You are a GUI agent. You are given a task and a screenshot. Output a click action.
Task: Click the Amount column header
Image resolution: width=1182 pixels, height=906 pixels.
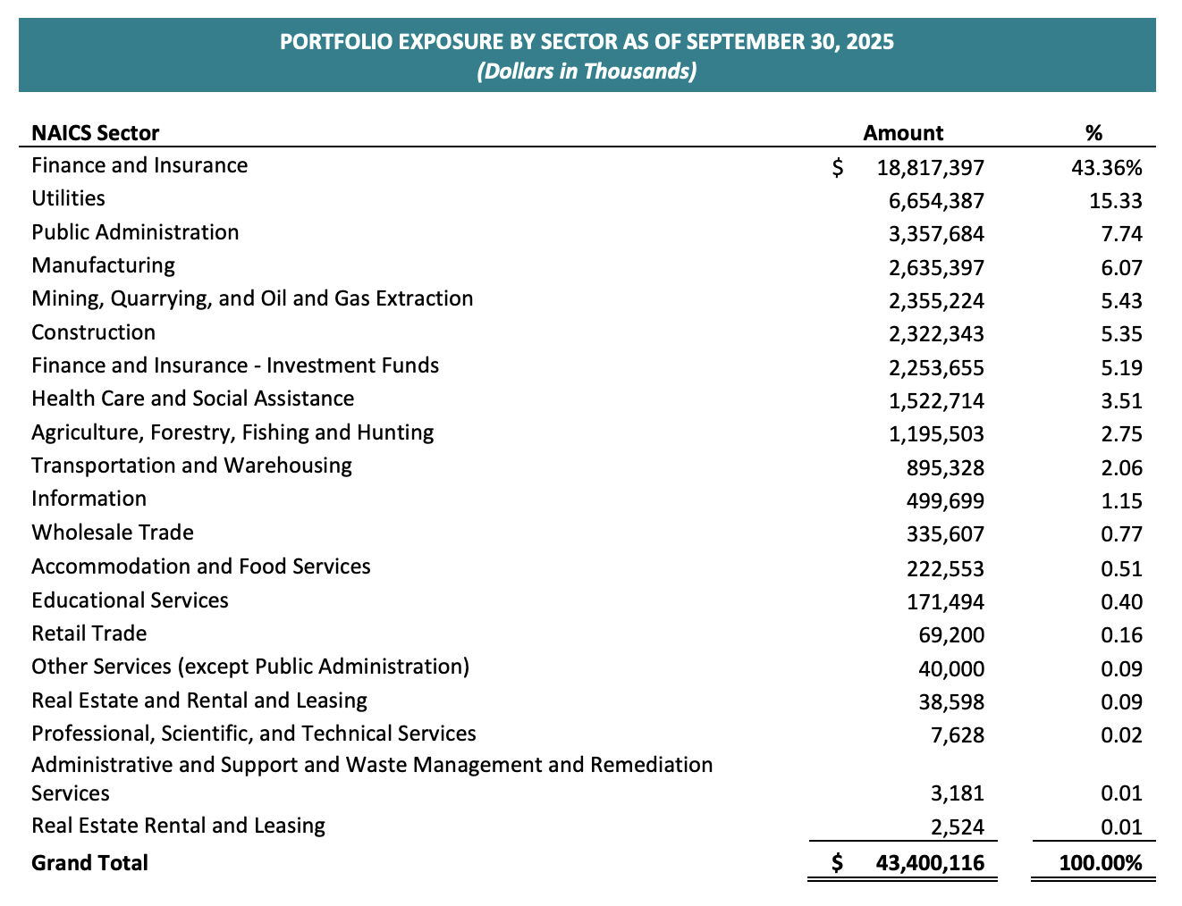(x=903, y=133)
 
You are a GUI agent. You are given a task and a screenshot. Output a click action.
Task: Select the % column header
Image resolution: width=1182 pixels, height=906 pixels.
(x=1093, y=133)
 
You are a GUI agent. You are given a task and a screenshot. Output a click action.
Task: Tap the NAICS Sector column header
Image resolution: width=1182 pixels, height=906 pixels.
(x=96, y=133)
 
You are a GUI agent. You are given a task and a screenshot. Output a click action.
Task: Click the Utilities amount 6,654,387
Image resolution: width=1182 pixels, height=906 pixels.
(x=936, y=200)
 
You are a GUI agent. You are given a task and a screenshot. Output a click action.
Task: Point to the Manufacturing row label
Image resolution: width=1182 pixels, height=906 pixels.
(x=104, y=265)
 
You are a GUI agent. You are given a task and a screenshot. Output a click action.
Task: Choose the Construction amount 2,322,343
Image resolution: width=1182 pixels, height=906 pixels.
(x=936, y=334)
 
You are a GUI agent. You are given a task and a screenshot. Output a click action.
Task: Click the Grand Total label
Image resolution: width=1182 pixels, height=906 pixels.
(x=89, y=862)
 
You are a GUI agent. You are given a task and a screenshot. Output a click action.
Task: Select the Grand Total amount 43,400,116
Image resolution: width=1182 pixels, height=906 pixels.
(x=926, y=863)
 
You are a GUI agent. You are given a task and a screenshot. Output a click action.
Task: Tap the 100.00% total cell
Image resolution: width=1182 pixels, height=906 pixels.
(x=1101, y=863)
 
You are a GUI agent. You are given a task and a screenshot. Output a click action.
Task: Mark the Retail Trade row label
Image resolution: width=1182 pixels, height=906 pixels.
(x=89, y=633)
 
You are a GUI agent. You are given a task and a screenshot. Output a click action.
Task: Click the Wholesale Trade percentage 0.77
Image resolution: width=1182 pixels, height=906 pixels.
(x=1122, y=534)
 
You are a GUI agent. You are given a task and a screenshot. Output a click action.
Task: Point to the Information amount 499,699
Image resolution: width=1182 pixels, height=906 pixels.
(x=945, y=500)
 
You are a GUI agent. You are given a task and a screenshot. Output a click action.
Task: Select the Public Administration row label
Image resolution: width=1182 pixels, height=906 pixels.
(x=135, y=232)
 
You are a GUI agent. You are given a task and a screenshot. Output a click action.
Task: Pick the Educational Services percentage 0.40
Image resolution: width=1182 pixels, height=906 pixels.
(x=1122, y=601)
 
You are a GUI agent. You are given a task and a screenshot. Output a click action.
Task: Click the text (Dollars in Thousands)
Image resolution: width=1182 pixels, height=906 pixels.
(x=587, y=71)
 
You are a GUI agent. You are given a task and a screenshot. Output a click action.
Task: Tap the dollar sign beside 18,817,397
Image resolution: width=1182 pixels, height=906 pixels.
(x=838, y=167)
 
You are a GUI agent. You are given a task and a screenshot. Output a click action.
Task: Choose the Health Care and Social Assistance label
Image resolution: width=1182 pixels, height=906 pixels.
(x=193, y=398)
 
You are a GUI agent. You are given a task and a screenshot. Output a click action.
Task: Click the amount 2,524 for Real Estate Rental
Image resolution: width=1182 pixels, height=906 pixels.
(x=957, y=826)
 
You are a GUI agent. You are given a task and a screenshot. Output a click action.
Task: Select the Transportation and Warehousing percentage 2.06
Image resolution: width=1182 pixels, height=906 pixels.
(x=1122, y=467)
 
